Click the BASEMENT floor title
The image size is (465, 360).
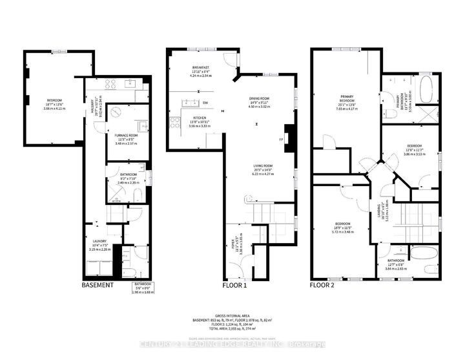[98, 285]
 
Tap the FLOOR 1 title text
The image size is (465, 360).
[235, 285]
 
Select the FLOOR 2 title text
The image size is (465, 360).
[322, 285]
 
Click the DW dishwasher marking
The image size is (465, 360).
[205, 103]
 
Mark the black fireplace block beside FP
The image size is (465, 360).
[290, 138]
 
